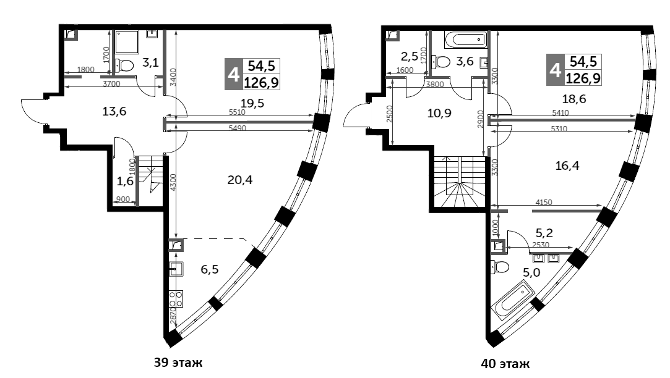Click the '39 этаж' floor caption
tap(178, 363)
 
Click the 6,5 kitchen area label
tap(210, 269)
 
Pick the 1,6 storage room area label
tap(124, 181)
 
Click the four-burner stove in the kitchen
tap(176, 299)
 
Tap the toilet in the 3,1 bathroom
tap(126, 65)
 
